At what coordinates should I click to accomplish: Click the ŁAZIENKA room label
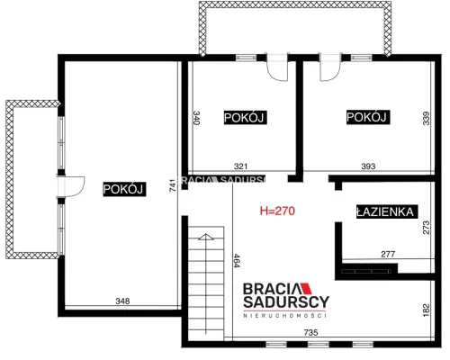tap(387, 211)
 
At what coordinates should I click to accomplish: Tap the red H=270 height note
tap(277, 211)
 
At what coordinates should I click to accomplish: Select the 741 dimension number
tap(172, 185)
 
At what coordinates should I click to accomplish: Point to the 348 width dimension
tap(122, 301)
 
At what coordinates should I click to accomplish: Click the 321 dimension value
tap(240, 166)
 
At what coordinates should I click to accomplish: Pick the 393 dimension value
tap(368, 166)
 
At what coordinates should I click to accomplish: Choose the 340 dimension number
tap(196, 118)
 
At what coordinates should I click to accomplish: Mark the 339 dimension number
tap(426, 118)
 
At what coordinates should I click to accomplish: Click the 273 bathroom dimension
tap(426, 228)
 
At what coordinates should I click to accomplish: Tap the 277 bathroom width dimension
tap(388, 255)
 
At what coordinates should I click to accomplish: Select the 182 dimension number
tap(426, 310)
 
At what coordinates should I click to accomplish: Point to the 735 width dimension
tap(310, 332)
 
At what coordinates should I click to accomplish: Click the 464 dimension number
tap(237, 261)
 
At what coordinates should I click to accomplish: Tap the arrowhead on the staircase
tap(206, 237)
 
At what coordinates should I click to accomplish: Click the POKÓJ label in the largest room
tap(124, 189)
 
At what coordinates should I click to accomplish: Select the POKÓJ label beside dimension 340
tap(245, 117)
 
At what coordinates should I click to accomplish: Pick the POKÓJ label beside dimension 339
tap(368, 117)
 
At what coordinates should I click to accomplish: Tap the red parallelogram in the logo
tap(306, 288)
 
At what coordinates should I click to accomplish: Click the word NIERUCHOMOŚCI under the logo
tap(284, 315)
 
